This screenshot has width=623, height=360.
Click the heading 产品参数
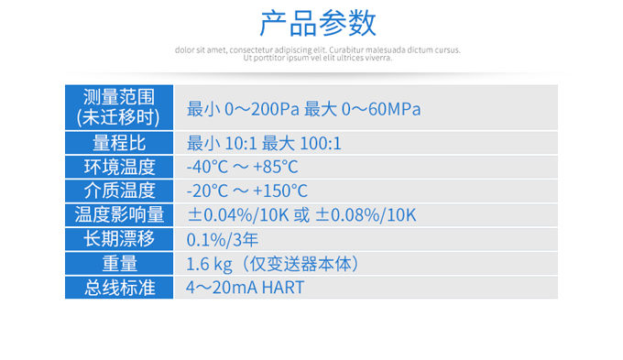click(x=318, y=22)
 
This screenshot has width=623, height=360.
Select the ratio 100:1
click(x=319, y=143)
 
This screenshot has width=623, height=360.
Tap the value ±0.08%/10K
click(x=366, y=215)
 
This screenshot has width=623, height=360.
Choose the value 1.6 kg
click(x=209, y=264)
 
